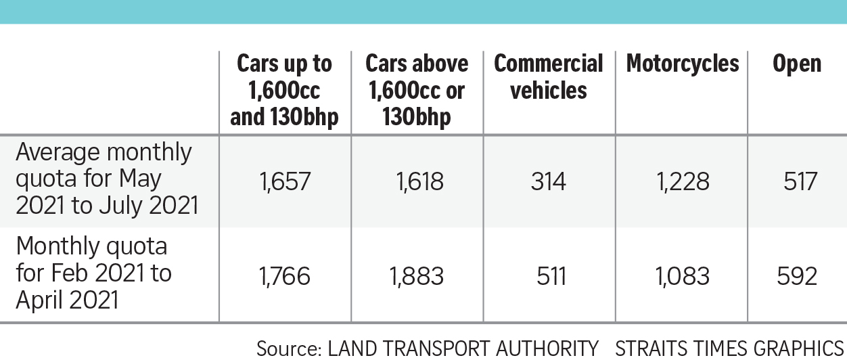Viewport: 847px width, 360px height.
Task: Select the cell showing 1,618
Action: [x=416, y=181]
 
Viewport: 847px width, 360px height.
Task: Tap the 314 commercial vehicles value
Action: [x=548, y=181]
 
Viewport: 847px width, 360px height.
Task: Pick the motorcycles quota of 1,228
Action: [x=682, y=181]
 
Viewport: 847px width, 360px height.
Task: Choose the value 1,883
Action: [x=416, y=276]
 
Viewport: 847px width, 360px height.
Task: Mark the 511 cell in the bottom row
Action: [x=548, y=276]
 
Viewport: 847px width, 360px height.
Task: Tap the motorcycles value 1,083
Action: [x=682, y=276]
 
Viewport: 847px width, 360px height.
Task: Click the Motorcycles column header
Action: [x=682, y=64]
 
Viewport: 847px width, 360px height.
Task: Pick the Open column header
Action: [x=796, y=64]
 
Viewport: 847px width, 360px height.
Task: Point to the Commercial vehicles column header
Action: [x=548, y=76]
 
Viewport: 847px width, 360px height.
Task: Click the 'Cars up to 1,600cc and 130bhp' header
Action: [x=284, y=90]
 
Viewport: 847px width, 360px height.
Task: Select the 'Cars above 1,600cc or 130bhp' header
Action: [x=417, y=90]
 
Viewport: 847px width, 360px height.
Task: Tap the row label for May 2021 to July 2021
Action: [x=107, y=179]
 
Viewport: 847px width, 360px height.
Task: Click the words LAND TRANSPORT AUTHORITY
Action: [x=463, y=348]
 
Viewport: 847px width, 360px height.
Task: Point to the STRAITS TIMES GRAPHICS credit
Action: [x=729, y=348]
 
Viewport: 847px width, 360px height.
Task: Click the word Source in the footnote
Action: [x=288, y=348]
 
